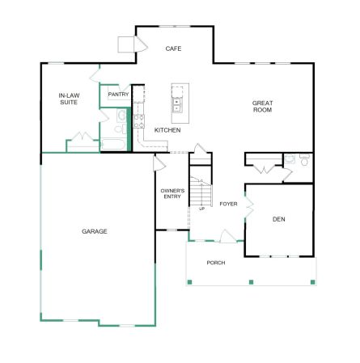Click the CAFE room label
[x=173, y=49]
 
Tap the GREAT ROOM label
[x=262, y=107]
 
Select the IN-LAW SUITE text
[x=69, y=99]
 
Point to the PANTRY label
[x=118, y=95]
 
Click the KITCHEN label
[x=167, y=130]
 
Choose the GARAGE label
[x=95, y=231]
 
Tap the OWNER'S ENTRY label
[x=172, y=194]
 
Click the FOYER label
[x=228, y=204]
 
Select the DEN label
[x=279, y=219]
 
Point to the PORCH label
[x=216, y=263]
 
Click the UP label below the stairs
[x=201, y=209]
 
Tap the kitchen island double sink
[x=176, y=105]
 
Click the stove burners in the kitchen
[x=139, y=121]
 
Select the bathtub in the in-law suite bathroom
[x=113, y=145]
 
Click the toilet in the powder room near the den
[x=304, y=159]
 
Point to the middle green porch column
[x=251, y=282]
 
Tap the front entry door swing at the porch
[x=227, y=236]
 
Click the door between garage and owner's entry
[x=159, y=163]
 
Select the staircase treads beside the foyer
[x=201, y=192]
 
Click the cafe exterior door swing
[x=141, y=44]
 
